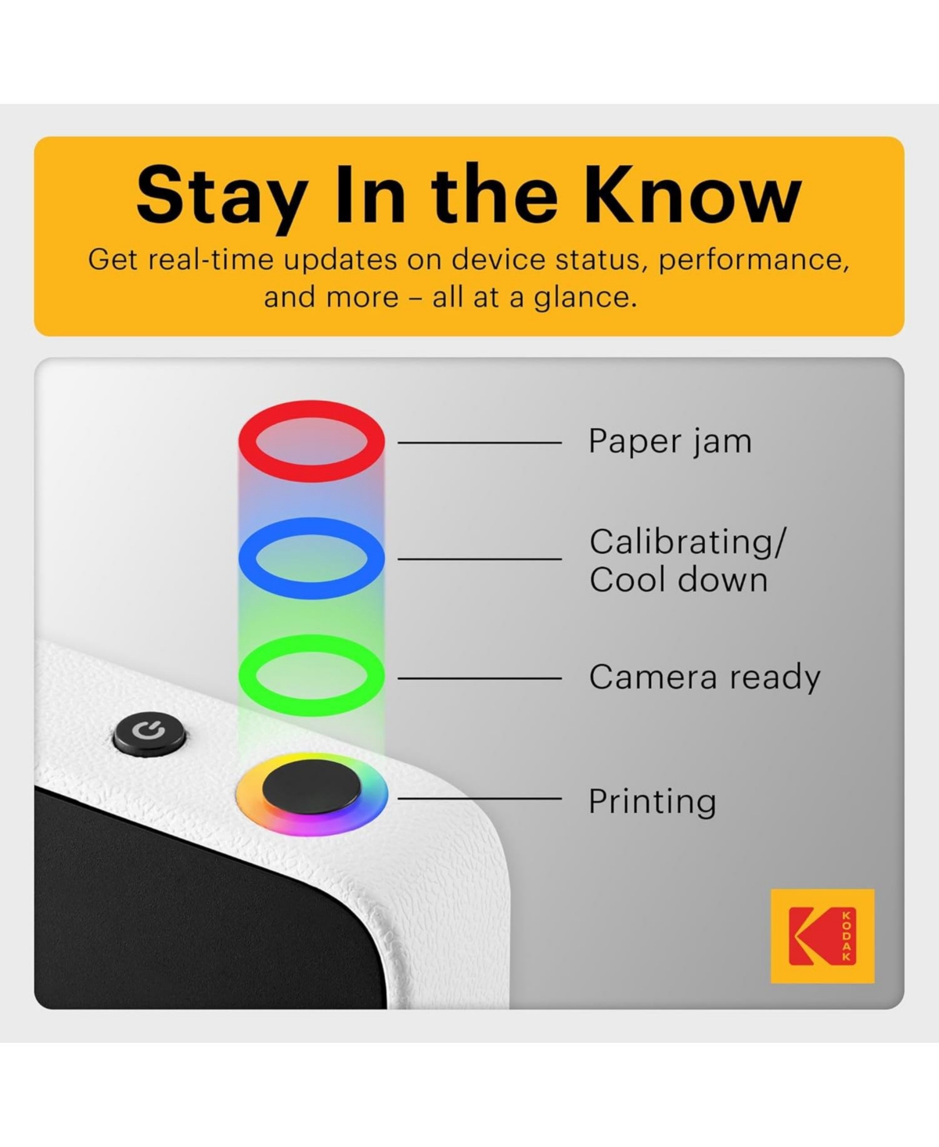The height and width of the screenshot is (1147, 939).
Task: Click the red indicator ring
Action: (311, 412)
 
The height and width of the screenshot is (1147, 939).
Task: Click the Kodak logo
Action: (822, 936)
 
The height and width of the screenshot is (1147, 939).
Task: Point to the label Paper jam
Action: (670, 442)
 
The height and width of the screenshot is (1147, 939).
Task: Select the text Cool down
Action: (678, 580)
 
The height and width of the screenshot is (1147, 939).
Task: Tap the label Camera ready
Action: (704, 678)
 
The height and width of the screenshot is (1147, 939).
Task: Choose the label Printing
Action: (652, 802)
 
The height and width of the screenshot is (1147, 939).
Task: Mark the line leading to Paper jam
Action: (480, 443)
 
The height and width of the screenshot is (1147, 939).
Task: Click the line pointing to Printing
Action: (480, 799)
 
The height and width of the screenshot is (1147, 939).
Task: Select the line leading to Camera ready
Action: (480, 678)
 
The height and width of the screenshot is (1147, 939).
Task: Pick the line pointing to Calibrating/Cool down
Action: (480, 559)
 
